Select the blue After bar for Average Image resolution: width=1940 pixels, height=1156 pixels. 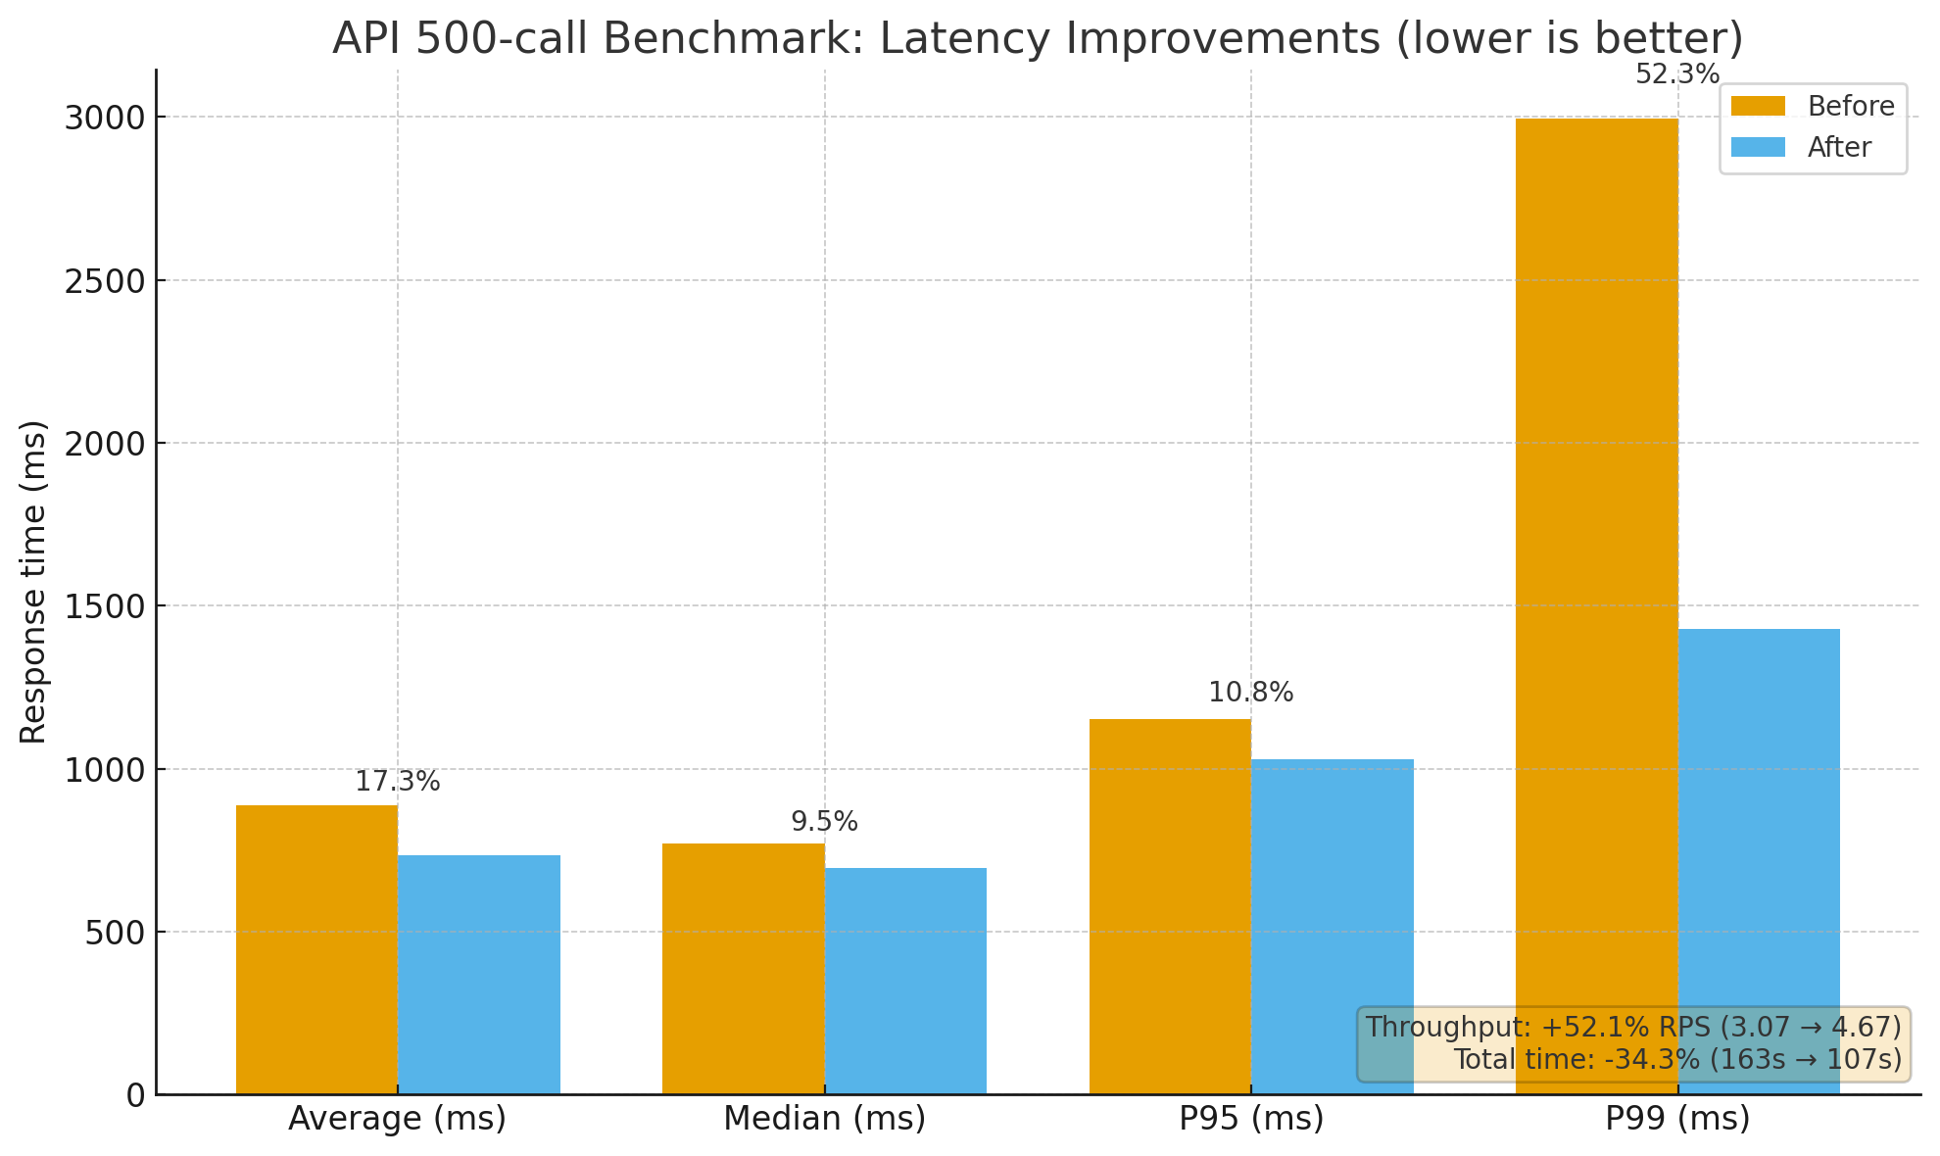[x=479, y=974]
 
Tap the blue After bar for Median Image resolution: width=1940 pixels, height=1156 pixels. [x=905, y=980]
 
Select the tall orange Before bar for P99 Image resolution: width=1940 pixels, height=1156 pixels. [x=1596, y=588]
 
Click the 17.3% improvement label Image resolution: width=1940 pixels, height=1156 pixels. [x=397, y=782]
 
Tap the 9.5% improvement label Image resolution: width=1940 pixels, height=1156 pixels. [x=824, y=822]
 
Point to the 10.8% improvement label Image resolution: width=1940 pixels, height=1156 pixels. [x=1250, y=693]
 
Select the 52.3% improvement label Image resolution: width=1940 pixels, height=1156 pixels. [x=1677, y=74]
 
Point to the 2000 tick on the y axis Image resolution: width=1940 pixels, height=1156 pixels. [x=105, y=443]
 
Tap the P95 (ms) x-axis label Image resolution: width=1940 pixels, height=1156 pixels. [x=1251, y=1119]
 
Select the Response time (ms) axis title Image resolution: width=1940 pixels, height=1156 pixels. [x=33, y=582]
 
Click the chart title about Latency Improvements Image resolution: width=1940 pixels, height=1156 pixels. [x=1038, y=39]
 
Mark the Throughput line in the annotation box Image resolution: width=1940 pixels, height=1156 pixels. [x=1632, y=1027]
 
